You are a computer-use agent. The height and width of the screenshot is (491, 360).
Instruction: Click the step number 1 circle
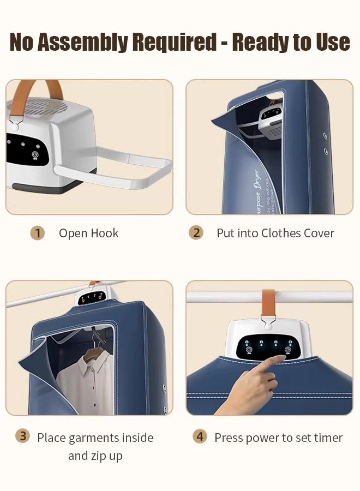(x=37, y=233)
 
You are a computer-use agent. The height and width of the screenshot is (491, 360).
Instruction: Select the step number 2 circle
(x=196, y=233)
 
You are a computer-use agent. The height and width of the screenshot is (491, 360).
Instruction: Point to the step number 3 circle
(x=22, y=436)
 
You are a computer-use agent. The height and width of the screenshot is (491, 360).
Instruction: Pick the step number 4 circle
(x=200, y=437)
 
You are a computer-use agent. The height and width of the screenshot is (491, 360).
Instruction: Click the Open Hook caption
(x=88, y=233)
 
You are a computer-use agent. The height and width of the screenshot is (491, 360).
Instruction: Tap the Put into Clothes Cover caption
(x=275, y=233)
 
